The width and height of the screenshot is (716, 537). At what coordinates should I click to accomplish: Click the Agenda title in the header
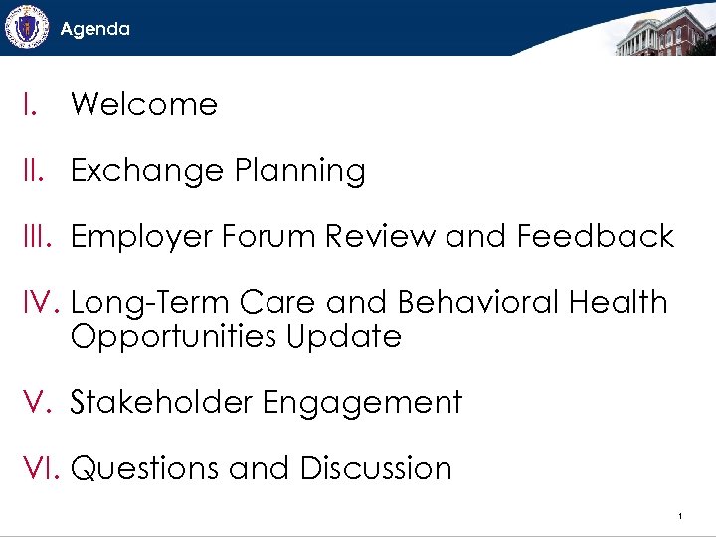tap(94, 29)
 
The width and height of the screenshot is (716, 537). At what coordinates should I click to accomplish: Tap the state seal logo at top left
tap(26, 27)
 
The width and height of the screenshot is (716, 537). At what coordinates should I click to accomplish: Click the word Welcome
tap(144, 104)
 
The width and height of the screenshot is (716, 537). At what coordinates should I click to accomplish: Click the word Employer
tap(141, 238)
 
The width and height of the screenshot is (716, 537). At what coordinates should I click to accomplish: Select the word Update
tap(344, 337)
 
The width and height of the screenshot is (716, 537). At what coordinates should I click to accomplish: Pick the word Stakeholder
tap(160, 402)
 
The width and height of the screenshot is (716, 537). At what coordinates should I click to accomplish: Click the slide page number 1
tap(678, 516)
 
